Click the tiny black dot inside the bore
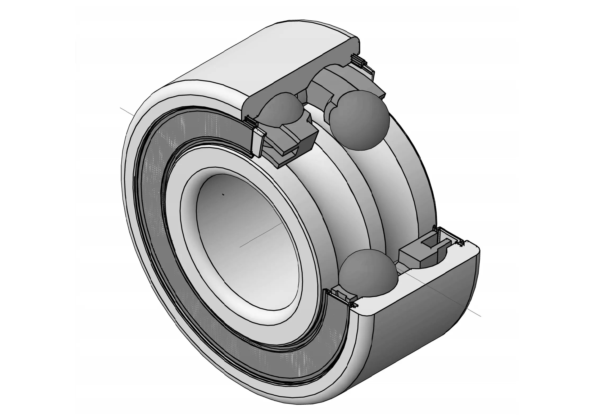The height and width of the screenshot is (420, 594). click(x=223, y=195)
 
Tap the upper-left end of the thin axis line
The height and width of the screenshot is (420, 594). click(x=121, y=108)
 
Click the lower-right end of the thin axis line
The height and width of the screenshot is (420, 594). click(x=480, y=315)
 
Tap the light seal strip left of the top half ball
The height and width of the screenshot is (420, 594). click(x=257, y=140)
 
